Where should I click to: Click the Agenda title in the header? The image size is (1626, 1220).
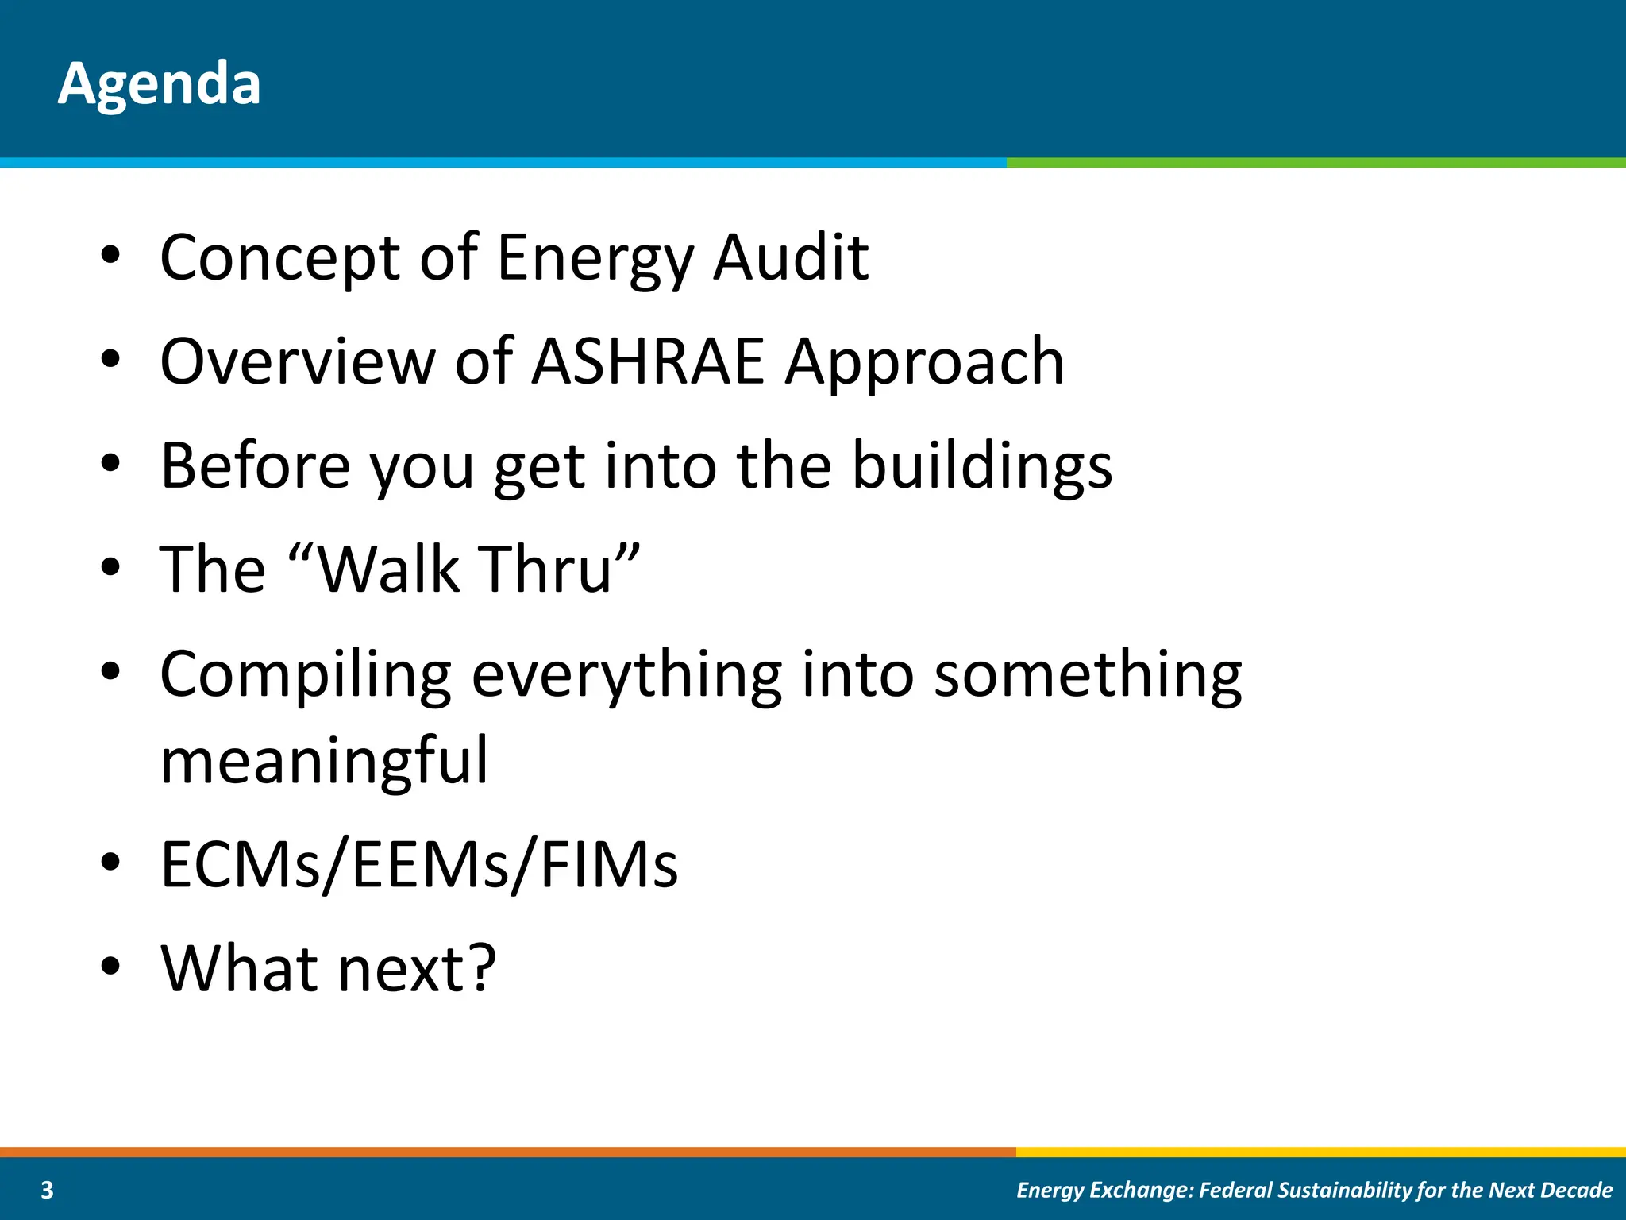(x=159, y=83)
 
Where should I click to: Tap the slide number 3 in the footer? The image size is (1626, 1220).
(x=47, y=1190)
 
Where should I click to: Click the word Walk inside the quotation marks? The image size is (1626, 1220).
(x=389, y=569)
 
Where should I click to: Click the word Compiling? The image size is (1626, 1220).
(x=306, y=675)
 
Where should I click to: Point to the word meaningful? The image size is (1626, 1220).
(x=324, y=761)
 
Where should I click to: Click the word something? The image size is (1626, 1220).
(x=1088, y=675)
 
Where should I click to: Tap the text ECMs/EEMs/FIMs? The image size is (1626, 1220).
(x=419, y=864)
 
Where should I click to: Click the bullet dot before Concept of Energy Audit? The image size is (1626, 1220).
(x=110, y=256)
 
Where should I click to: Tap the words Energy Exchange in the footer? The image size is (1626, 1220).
(x=1104, y=1190)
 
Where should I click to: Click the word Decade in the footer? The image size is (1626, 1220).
(x=1576, y=1190)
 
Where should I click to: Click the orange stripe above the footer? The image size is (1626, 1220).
(x=508, y=1152)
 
